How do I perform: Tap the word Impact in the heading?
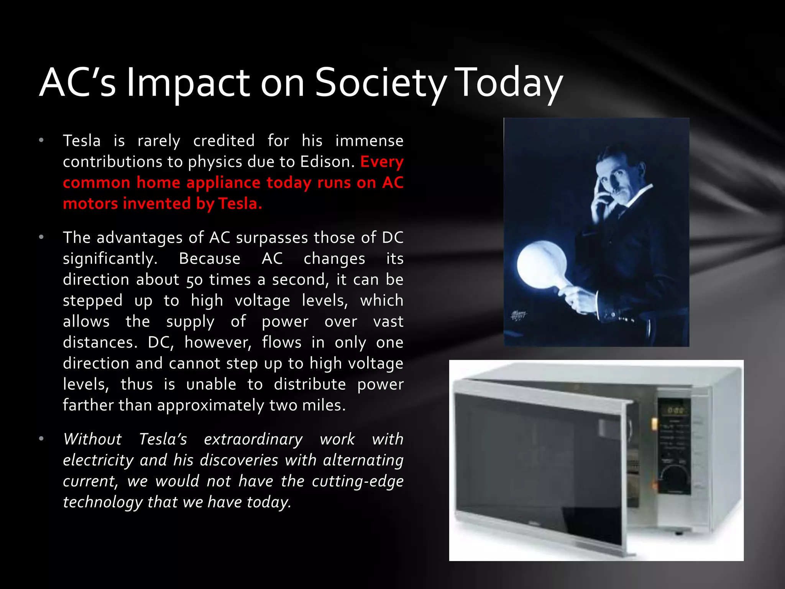click(188, 83)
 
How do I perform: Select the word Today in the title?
click(510, 83)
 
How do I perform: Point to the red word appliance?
click(223, 183)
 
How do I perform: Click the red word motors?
click(90, 204)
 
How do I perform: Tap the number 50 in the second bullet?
click(195, 280)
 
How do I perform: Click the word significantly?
click(110, 259)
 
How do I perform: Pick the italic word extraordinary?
click(253, 439)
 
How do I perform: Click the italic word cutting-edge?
click(357, 481)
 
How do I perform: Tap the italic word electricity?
click(99, 460)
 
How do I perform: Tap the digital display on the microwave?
click(675, 410)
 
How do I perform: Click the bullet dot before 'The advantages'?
click(41, 238)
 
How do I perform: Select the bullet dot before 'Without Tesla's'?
click(41, 439)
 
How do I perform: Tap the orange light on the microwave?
click(654, 423)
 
